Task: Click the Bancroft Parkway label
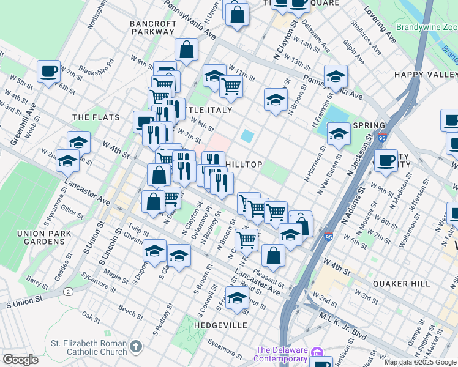click(153, 28)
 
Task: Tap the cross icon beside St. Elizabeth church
click(135, 347)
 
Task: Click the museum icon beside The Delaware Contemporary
click(317, 353)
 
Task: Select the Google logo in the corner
click(21, 359)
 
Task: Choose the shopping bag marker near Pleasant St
click(273, 256)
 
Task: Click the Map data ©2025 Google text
click(420, 362)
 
